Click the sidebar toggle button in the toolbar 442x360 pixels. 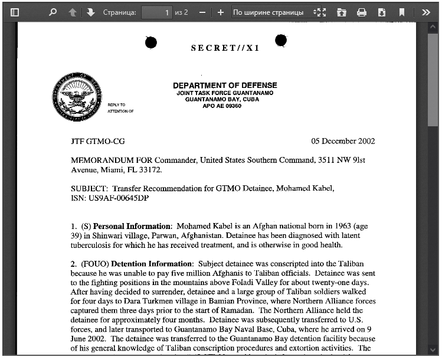tap(15, 12)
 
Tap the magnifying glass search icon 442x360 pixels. tap(53, 12)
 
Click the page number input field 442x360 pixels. tap(156, 12)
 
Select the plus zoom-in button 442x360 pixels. tap(221, 12)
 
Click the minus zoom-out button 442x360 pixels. tap(202, 12)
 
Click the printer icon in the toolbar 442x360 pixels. tap(362, 12)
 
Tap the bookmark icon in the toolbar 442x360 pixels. tap(402, 12)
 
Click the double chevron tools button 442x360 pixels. tap(425, 12)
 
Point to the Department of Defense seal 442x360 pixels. tap(77, 97)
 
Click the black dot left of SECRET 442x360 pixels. tap(151, 42)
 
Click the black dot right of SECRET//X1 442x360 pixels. tap(281, 40)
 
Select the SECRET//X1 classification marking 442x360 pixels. tap(225, 48)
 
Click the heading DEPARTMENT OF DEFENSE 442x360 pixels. tap(225, 86)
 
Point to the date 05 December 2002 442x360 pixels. tap(343, 142)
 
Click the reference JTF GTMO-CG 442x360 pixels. tap(98, 142)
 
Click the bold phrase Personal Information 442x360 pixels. tap(132, 226)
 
